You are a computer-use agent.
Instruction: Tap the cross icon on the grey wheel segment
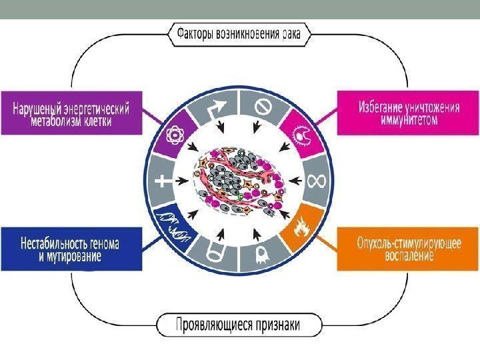click(162, 181)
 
